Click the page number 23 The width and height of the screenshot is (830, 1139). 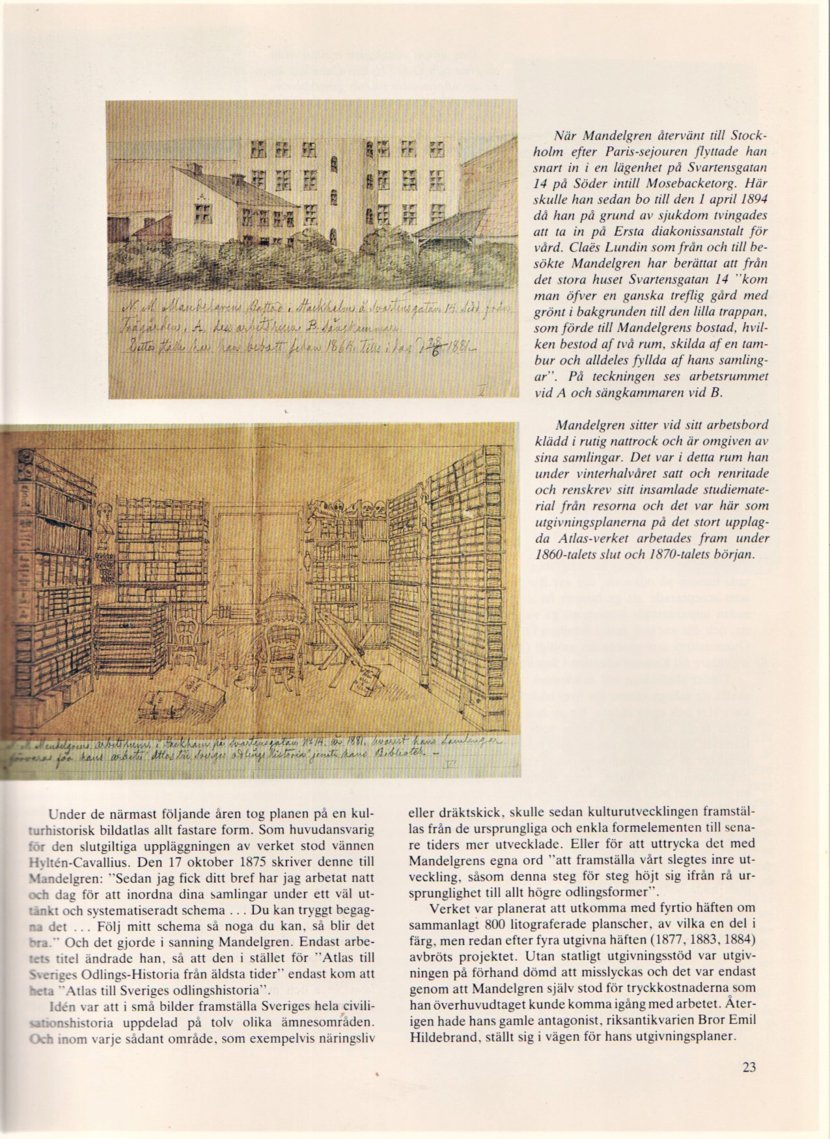748,1085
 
